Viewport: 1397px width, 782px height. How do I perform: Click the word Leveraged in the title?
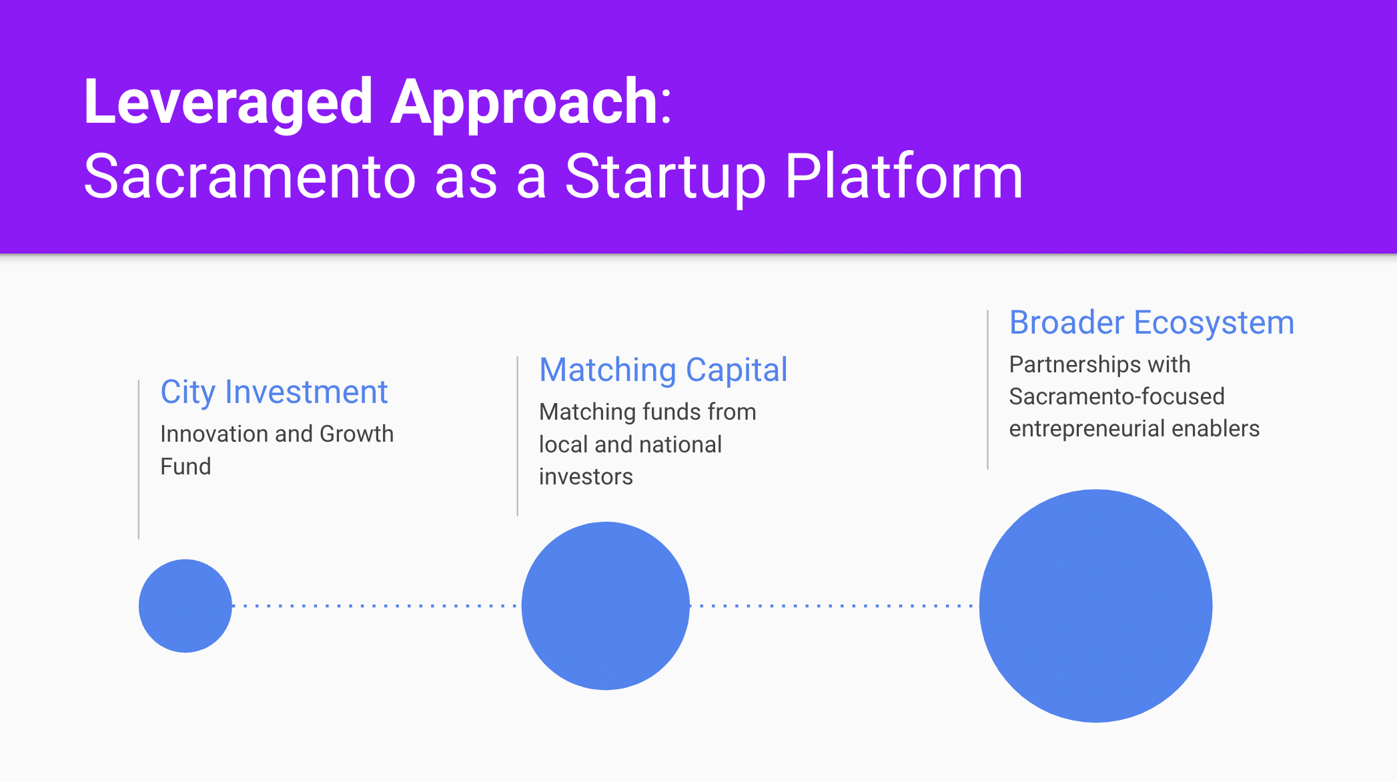[228, 102]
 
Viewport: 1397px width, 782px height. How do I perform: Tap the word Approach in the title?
[525, 102]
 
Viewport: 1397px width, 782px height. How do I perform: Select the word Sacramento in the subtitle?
[250, 176]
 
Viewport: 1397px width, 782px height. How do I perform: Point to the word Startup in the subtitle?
[665, 177]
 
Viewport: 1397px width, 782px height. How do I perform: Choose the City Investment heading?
[274, 392]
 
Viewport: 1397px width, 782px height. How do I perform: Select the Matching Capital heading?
[663, 370]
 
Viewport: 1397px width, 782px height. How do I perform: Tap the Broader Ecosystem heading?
[1151, 324]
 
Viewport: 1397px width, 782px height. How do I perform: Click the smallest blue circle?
[185, 606]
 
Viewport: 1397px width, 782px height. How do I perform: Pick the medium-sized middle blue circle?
[606, 606]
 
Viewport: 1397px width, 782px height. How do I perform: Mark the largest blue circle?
[1096, 606]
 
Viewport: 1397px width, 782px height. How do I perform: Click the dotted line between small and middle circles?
[375, 606]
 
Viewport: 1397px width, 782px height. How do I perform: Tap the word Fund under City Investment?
[185, 466]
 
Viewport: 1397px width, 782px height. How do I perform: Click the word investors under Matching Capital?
[586, 477]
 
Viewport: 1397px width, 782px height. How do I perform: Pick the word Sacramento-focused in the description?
[1117, 396]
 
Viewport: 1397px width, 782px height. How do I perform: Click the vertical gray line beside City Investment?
[139, 460]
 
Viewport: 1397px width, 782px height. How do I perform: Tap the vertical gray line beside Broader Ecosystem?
[987, 390]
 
